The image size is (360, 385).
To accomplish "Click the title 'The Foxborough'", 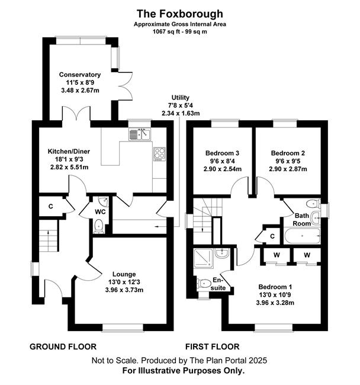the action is (x=180, y=14).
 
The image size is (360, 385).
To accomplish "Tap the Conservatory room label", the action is (x=80, y=75).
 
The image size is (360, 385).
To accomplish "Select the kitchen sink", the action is (x=139, y=134).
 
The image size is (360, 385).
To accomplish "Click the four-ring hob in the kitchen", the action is (x=159, y=154).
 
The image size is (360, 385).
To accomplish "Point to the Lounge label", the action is (x=124, y=274).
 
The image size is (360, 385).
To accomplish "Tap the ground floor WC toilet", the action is (x=99, y=226).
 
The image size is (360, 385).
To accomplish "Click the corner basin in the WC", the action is (x=104, y=201).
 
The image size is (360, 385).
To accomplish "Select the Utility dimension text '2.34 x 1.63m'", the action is (x=181, y=114).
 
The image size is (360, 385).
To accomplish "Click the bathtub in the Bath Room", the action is (x=302, y=236).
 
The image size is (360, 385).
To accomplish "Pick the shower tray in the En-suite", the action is (x=204, y=258).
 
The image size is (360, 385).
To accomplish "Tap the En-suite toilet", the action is (x=204, y=284).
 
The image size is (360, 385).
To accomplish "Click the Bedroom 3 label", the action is (x=222, y=153).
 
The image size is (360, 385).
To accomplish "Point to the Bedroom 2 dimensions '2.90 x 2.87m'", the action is (x=288, y=169).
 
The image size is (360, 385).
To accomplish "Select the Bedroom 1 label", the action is (x=275, y=287).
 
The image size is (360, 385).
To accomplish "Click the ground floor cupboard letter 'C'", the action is (x=51, y=206).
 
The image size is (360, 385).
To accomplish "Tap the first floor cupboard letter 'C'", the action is (x=272, y=236).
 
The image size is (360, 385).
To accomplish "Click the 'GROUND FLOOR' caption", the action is (x=63, y=346).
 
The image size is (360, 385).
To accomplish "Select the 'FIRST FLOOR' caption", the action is (x=213, y=346).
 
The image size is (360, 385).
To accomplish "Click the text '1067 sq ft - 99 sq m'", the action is (x=180, y=31).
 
